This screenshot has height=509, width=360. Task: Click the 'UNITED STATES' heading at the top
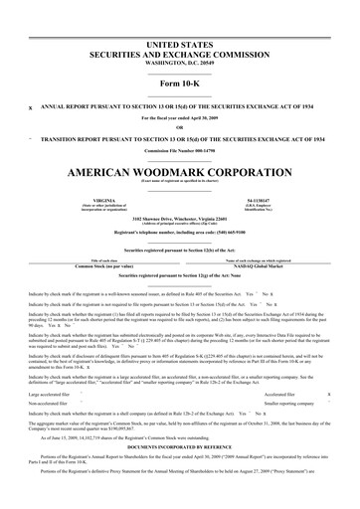[180, 20]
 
